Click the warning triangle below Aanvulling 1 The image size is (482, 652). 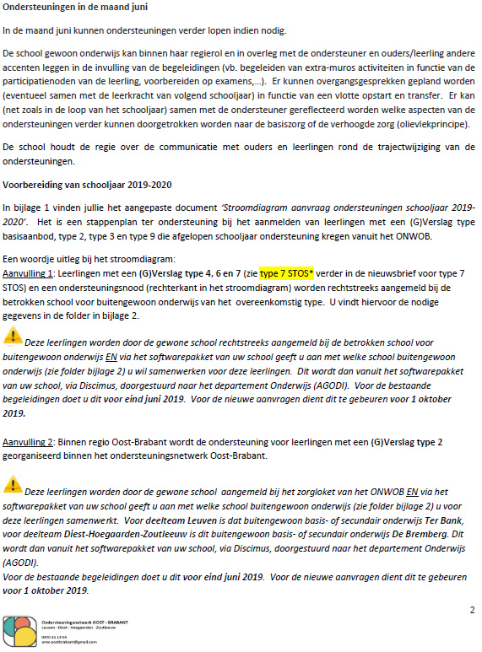pos(14,337)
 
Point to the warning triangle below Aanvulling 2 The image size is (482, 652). pos(14,482)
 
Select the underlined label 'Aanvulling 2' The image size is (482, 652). pos(29,441)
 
